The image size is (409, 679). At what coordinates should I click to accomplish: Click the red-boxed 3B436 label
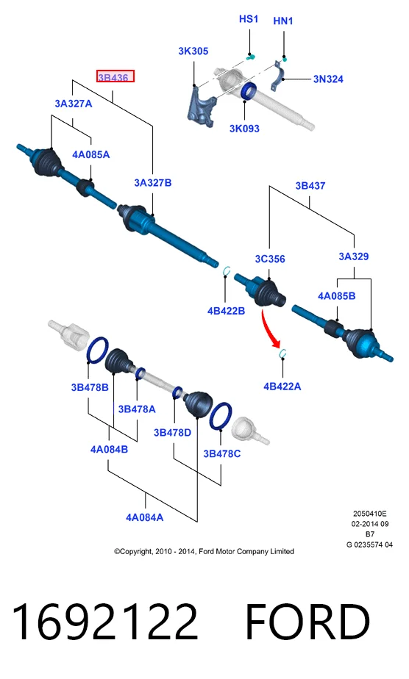click(x=115, y=76)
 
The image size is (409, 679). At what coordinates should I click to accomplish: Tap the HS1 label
click(x=249, y=19)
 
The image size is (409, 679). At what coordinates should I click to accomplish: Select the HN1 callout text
click(x=283, y=21)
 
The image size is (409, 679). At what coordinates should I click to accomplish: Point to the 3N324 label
click(x=328, y=79)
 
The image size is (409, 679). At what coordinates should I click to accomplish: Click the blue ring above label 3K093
click(x=248, y=91)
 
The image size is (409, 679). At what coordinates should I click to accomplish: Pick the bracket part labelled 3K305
click(x=202, y=107)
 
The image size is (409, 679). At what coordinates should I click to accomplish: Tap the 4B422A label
click(x=282, y=387)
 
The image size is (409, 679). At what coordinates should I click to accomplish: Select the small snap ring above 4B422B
click(x=225, y=270)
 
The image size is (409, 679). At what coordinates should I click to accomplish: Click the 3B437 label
click(x=310, y=186)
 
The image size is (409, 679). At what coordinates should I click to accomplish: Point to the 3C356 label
click(x=270, y=259)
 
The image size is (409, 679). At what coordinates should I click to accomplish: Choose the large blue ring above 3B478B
click(x=98, y=351)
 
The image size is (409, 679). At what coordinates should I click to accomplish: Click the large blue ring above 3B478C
click(x=221, y=416)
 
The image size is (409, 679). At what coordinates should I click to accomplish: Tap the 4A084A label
click(x=145, y=517)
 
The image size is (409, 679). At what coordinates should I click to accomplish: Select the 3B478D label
click(x=172, y=433)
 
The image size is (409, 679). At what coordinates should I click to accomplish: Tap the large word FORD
click(x=308, y=622)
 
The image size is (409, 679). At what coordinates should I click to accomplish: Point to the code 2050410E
click(x=369, y=514)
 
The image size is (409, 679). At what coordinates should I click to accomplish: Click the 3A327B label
click(x=152, y=183)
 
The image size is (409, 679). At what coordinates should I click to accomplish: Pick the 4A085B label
click(x=337, y=296)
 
